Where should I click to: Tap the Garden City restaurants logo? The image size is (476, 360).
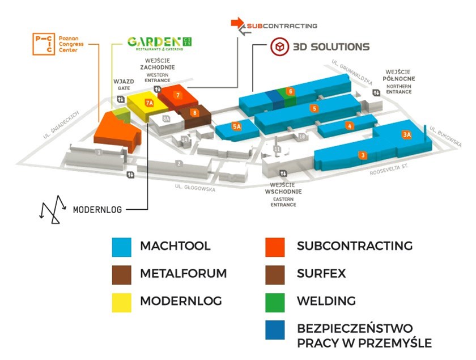click(x=159, y=43)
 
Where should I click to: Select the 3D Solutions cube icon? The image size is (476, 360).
click(x=279, y=46)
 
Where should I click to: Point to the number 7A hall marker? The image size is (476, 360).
click(x=150, y=103)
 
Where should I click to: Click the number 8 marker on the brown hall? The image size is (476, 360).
click(x=194, y=112)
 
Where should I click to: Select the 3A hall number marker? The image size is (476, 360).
click(x=406, y=135)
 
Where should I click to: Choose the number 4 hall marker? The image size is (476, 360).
click(x=350, y=126)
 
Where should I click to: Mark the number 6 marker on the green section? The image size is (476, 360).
click(x=290, y=91)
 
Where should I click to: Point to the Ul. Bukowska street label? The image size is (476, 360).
click(x=446, y=137)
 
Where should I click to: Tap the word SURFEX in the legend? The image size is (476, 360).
click(x=321, y=273)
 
